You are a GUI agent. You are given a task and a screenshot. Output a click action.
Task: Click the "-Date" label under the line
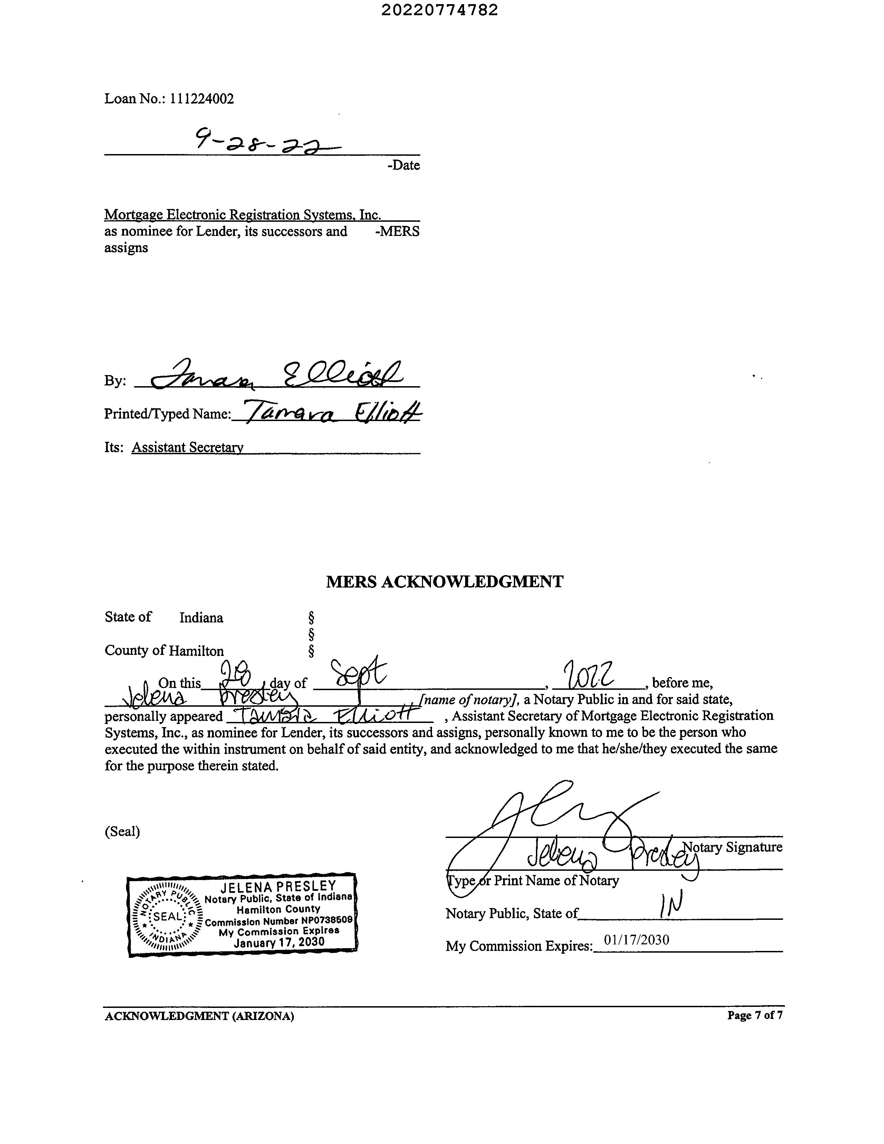pyautogui.click(x=403, y=165)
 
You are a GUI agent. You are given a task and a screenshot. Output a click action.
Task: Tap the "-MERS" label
pyautogui.click(x=397, y=231)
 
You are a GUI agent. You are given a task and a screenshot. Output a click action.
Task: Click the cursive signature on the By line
pyautogui.click(x=278, y=375)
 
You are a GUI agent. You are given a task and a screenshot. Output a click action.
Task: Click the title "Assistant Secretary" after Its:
pyautogui.click(x=188, y=447)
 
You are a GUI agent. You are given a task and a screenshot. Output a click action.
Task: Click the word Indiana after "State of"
pyautogui.click(x=201, y=618)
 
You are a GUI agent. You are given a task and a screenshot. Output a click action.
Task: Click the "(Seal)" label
pyautogui.click(x=122, y=832)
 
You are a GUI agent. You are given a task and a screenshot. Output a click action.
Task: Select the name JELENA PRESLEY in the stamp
pyautogui.click(x=278, y=886)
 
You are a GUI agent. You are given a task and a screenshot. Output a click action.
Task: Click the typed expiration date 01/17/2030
pyautogui.click(x=636, y=940)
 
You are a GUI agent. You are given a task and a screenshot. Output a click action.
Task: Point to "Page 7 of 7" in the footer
pyautogui.click(x=755, y=1016)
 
